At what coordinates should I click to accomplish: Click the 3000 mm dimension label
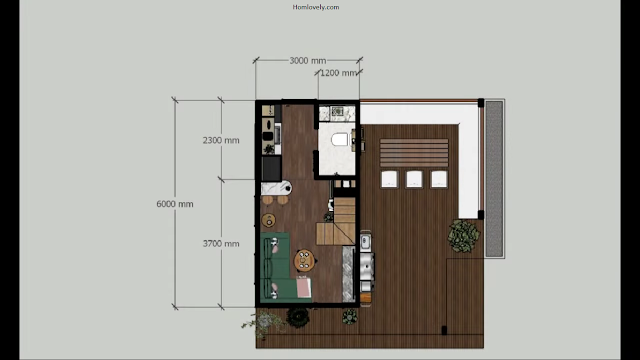coord(308,61)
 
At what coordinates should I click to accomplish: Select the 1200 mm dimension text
coord(338,73)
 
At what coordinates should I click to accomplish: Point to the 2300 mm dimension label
coord(221,140)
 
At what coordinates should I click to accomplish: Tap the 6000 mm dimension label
coord(175,204)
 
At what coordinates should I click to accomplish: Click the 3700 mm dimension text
coord(221,244)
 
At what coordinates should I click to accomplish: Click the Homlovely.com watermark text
coord(316,7)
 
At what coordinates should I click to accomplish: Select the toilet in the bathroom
coord(341,140)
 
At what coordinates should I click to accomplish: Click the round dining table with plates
coord(304,260)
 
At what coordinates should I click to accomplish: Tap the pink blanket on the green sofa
coord(303,287)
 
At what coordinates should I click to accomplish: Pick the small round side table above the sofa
coord(269,220)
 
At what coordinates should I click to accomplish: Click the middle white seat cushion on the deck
coord(414,179)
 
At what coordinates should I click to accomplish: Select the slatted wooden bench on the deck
coord(414,152)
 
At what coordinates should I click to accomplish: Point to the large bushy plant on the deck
coord(463,236)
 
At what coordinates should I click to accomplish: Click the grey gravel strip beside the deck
coord(494,179)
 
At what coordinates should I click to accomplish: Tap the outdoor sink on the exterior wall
coord(365,241)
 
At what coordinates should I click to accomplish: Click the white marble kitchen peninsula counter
coord(276,188)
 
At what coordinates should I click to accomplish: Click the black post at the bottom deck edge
coord(444,330)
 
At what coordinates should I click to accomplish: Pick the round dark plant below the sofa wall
coord(298,316)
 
